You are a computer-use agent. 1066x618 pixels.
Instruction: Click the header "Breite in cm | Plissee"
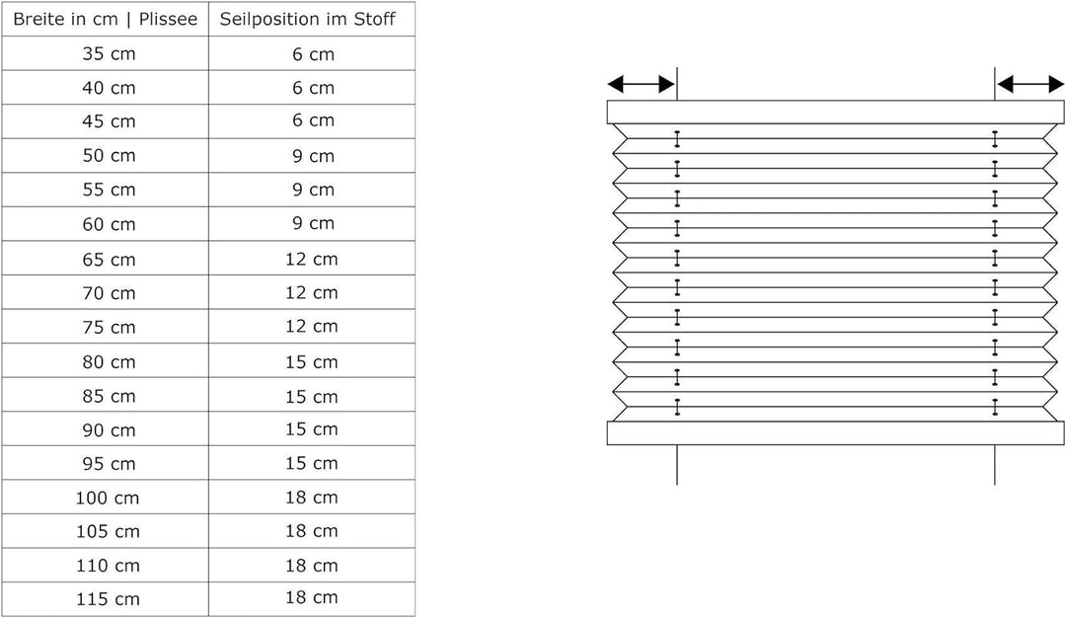point(106,19)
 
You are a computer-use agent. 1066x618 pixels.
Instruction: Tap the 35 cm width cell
point(109,53)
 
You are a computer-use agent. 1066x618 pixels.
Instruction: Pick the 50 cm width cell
point(109,156)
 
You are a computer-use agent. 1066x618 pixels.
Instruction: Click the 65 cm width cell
point(109,259)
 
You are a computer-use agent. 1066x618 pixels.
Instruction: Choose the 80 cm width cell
point(109,361)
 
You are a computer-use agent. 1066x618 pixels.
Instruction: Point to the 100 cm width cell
point(108,498)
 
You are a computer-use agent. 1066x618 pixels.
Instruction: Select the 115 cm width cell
point(108,599)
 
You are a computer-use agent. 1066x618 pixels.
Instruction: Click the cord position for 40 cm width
point(314,88)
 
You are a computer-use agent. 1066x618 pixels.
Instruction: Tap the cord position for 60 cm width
point(314,224)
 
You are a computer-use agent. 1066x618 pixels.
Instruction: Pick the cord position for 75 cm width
point(311,327)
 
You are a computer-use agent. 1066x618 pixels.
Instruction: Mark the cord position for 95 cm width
point(311,464)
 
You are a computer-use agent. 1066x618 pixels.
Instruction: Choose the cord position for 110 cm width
point(311,566)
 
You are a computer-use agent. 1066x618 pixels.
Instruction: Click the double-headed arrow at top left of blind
point(642,84)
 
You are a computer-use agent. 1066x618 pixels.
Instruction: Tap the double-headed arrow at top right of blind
point(1029,84)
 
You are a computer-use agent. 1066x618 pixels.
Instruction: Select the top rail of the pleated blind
point(836,113)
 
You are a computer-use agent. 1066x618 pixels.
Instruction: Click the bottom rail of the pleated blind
point(836,433)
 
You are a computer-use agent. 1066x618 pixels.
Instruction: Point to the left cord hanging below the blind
point(677,465)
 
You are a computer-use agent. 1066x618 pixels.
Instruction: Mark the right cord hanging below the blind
point(995,465)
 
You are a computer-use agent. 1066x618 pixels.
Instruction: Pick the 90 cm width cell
point(109,430)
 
